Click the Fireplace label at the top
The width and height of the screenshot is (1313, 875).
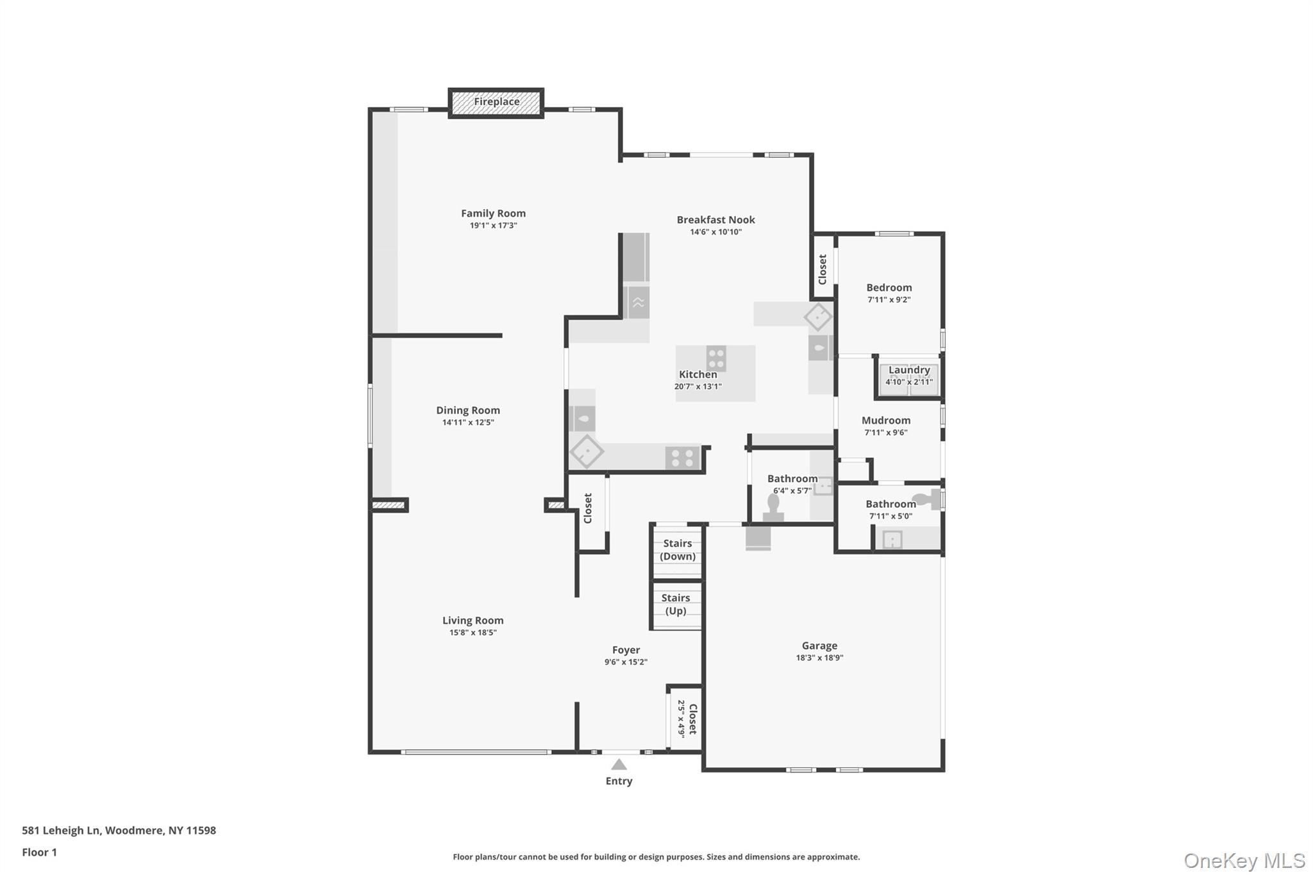[x=496, y=102]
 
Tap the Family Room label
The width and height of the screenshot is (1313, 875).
[x=493, y=213]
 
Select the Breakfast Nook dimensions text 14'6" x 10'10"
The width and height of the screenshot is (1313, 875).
[x=715, y=232]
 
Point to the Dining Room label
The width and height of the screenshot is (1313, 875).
[x=468, y=410]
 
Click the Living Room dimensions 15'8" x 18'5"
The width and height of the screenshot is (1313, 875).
[x=473, y=633]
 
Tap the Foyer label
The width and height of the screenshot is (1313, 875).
[x=626, y=650]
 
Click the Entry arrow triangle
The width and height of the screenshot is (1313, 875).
[x=619, y=764]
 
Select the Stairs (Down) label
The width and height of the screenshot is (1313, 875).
[x=678, y=550]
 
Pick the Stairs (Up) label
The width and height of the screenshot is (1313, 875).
[x=676, y=604]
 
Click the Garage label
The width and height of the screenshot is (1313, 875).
[x=819, y=646]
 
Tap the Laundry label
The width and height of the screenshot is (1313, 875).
[x=909, y=370]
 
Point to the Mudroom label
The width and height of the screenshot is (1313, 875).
[x=886, y=421]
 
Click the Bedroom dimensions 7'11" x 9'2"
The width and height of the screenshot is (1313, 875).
[x=889, y=299]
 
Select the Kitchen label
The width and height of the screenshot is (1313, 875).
[x=698, y=374]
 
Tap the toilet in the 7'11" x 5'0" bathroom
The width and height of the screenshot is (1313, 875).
[x=926, y=499]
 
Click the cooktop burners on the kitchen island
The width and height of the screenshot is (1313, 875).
[x=716, y=358]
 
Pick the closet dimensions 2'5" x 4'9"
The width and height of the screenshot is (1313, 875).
[x=682, y=719]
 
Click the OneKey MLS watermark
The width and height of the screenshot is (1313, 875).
[x=1244, y=861]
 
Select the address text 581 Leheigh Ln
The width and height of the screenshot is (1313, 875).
[x=62, y=831]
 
